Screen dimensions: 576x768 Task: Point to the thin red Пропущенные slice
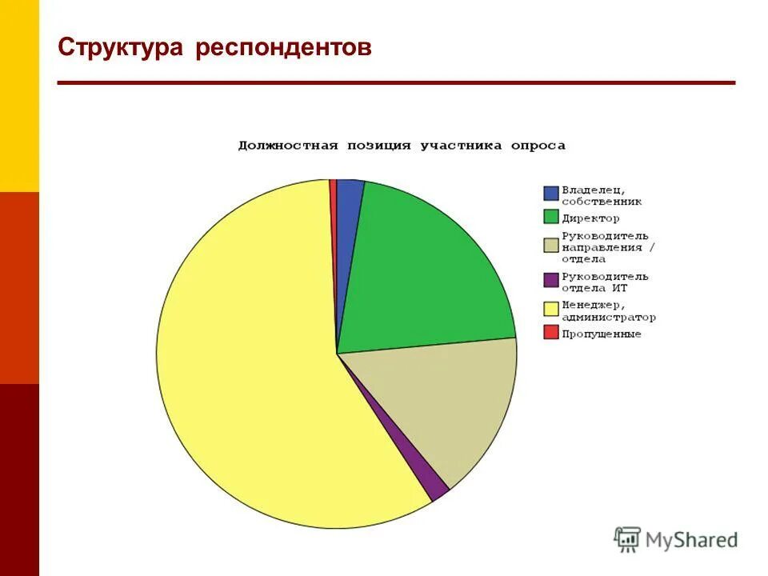[333, 192]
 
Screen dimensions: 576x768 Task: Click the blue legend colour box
[550, 193]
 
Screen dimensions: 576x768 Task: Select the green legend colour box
[550, 216]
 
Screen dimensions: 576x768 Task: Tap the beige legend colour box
[550, 245]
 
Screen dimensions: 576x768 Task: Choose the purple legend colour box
[550, 280]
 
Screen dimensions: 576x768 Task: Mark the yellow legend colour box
[550, 309]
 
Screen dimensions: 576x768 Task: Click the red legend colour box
[550, 331]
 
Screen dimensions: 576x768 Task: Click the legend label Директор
[590, 218]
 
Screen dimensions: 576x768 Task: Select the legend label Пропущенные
[601, 334]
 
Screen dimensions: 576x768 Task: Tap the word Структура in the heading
[121, 47]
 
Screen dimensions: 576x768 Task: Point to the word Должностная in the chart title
[287, 146]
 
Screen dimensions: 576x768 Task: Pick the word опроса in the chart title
[539, 146]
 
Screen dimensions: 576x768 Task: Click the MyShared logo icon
[628, 539]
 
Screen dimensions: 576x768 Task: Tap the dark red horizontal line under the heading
[396, 82]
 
